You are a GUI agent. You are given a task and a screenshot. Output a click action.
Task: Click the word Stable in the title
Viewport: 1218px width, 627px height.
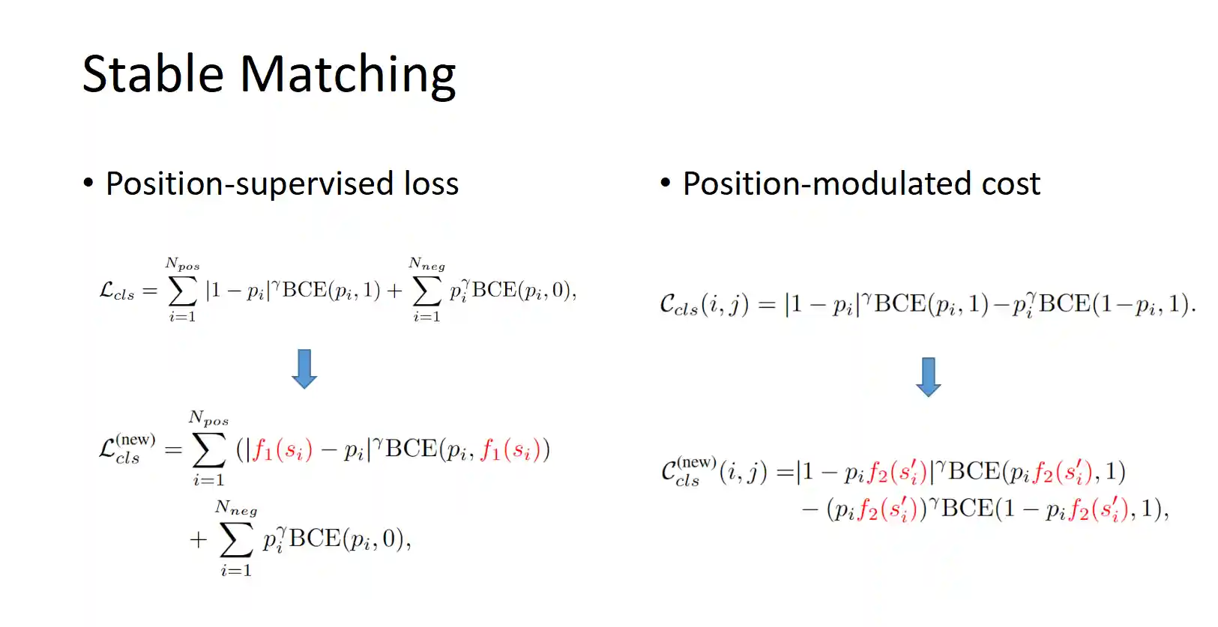153,74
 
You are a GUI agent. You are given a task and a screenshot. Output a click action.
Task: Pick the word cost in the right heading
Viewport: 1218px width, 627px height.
1010,184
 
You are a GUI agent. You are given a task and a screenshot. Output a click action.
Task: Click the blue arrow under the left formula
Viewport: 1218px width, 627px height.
304,369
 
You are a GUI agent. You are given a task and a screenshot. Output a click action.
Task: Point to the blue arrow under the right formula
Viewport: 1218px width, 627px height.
928,377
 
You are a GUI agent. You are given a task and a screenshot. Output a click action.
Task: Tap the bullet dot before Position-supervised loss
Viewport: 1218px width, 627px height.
88,183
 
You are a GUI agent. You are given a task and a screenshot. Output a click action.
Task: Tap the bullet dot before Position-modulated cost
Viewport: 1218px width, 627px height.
665,183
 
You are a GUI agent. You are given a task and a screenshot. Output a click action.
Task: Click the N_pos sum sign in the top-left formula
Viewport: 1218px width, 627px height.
182,291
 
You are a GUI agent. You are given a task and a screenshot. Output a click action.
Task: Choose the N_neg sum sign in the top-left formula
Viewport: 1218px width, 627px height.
426,291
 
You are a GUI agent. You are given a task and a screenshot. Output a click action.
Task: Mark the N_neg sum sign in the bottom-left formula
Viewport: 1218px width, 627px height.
236,539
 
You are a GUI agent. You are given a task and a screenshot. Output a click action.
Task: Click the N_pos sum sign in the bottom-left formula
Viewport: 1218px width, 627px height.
209,449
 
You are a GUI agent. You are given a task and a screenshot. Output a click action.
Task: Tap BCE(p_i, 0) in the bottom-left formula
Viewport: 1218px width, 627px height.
349,539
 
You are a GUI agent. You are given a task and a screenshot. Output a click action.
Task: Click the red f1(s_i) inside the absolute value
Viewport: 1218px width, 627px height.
282,449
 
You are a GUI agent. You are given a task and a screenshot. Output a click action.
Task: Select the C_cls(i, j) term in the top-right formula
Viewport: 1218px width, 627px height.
703,304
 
